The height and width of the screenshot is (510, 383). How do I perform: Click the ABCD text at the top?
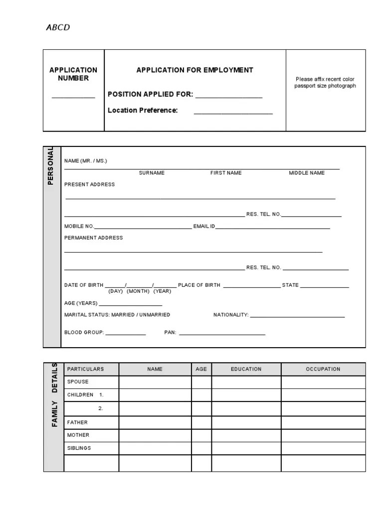(58, 27)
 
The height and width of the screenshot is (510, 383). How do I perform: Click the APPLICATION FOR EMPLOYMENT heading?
(194, 70)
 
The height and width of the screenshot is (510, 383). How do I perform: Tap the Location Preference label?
(143, 110)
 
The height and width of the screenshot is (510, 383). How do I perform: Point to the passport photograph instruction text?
(325, 82)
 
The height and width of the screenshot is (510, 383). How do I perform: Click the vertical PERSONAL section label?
(51, 166)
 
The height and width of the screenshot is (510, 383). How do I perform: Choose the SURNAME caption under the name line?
(152, 173)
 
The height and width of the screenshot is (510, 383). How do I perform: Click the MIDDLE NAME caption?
(307, 173)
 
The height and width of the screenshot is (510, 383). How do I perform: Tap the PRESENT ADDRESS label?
(89, 184)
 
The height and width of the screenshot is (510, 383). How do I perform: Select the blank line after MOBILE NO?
(143, 228)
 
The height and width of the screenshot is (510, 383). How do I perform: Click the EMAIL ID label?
(204, 226)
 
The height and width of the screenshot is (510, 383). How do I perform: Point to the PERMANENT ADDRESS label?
(93, 238)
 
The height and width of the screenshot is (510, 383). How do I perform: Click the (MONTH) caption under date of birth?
(138, 291)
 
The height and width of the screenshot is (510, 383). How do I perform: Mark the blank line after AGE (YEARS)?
(131, 304)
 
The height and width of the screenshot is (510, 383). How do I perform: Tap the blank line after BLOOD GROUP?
(125, 334)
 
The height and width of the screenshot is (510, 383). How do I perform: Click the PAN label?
(170, 332)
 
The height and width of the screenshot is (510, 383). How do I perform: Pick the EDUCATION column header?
(246, 369)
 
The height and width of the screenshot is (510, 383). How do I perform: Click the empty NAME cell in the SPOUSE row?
(155, 382)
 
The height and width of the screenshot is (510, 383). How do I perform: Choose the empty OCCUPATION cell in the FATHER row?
(323, 422)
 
